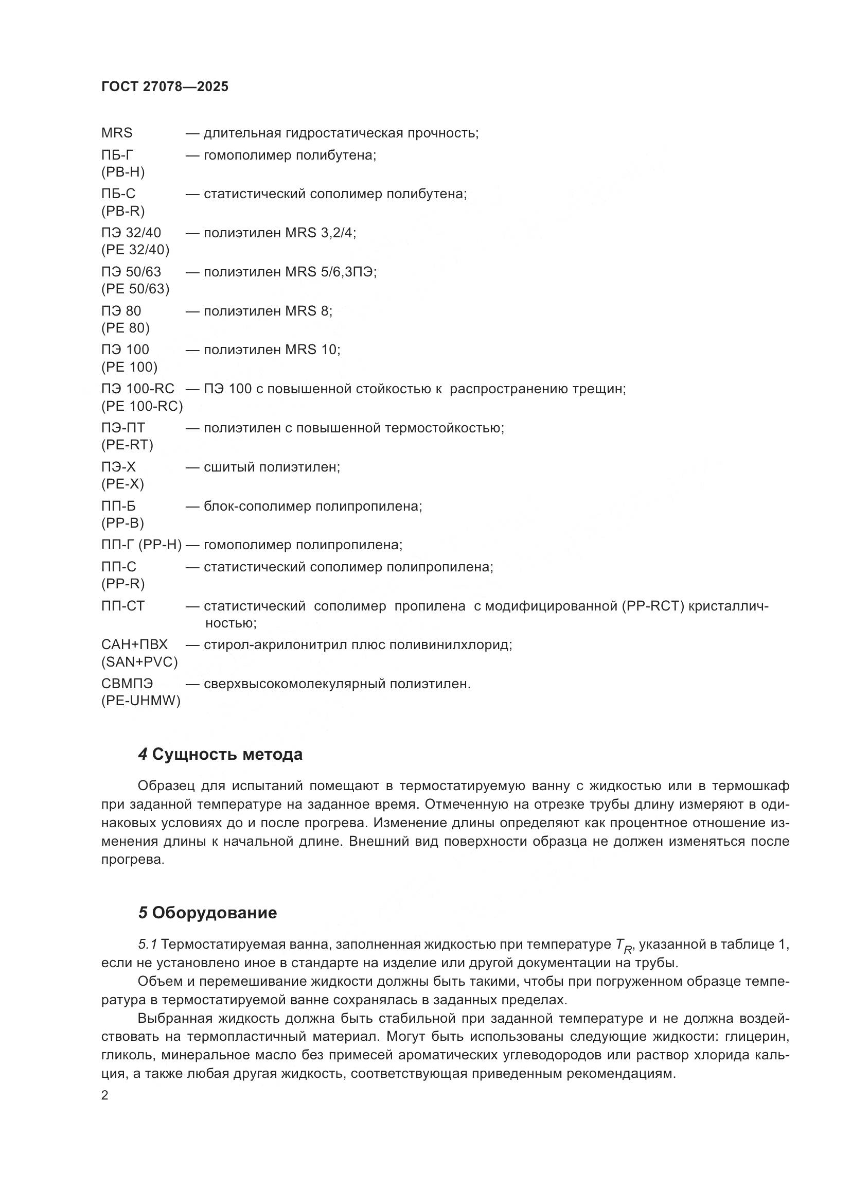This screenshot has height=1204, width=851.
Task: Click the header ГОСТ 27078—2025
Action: pos(165,86)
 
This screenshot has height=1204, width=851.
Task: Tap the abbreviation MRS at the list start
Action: pos(116,133)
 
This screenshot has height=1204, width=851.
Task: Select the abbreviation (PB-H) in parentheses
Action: pos(122,172)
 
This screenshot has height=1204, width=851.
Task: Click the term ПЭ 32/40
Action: pos(131,232)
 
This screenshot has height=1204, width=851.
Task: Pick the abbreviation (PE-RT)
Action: pos(127,445)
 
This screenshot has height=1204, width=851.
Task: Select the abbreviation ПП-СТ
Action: pos(122,606)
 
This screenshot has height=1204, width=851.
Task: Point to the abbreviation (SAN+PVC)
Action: pos(139,662)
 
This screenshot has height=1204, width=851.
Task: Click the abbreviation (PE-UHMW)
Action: pos(140,701)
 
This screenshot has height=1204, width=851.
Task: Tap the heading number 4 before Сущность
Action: pos(143,755)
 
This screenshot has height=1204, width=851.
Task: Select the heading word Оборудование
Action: pos(214,913)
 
